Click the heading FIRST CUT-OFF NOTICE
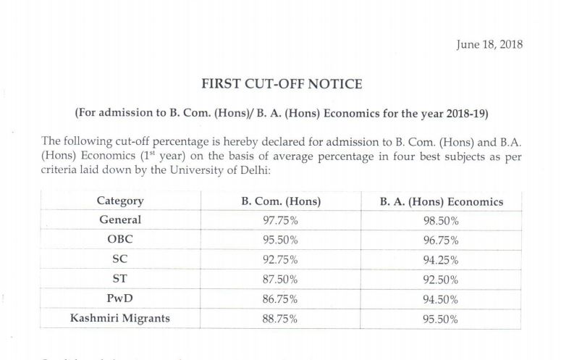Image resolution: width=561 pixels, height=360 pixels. [282, 83]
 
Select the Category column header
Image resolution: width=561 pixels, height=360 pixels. [119, 201]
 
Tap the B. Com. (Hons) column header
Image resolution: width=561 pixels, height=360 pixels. [280, 201]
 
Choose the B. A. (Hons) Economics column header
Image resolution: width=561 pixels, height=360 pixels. [441, 201]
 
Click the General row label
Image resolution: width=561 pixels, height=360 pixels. [119, 219]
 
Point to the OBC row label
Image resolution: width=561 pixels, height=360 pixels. [119, 239]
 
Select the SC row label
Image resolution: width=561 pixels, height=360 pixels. [119, 258]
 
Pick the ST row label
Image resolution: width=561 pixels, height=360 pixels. [119, 277]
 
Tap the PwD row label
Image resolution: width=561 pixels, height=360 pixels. [119, 297]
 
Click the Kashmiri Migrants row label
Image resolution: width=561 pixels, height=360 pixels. [119, 317]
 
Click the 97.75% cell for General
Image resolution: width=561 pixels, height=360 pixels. [280, 220]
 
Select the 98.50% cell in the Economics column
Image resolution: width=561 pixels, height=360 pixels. [440, 220]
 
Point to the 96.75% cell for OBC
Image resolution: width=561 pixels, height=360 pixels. [440, 240]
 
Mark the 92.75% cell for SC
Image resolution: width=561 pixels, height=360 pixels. [280, 259]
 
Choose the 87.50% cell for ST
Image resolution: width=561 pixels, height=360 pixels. [280, 278]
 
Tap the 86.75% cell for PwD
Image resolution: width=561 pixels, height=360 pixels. [280, 298]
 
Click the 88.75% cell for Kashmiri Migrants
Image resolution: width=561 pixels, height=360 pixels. [280, 317]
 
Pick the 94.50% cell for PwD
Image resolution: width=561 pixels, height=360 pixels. [440, 298]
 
